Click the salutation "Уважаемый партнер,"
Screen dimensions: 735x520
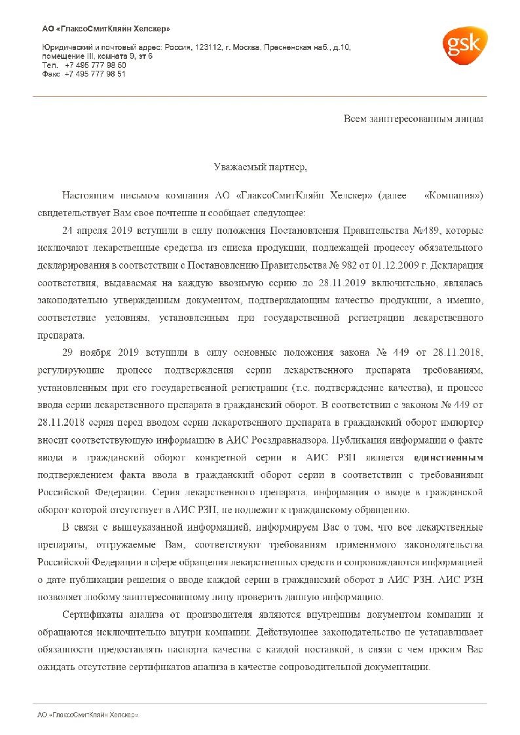260,168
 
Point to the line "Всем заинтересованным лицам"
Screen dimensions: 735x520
413,119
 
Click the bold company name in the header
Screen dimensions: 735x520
105,29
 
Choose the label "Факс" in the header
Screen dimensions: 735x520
50,74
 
